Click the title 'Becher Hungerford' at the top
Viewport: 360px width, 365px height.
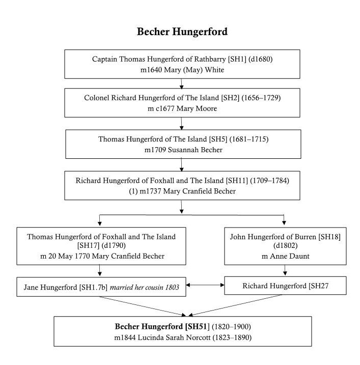point(182,32)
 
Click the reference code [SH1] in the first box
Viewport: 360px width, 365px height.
point(237,59)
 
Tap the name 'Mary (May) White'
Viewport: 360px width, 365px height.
point(194,70)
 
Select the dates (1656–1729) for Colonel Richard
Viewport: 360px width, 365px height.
point(261,98)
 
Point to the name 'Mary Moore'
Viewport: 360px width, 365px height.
point(197,108)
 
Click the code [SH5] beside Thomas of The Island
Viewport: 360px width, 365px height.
point(218,139)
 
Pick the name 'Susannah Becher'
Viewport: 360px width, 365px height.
point(195,150)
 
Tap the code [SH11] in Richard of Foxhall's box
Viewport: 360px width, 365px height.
point(237,181)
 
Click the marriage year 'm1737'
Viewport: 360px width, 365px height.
point(150,191)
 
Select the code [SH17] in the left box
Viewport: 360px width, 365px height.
point(88,245)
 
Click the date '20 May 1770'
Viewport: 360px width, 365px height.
point(69,256)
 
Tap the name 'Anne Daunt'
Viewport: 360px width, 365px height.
point(290,256)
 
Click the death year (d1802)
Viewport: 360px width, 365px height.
point(286,245)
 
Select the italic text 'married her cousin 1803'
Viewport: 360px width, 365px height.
point(145,288)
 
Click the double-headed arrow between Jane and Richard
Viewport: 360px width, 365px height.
point(205,285)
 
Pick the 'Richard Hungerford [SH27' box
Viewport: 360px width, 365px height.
point(285,286)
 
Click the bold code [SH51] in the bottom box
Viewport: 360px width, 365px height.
point(197,327)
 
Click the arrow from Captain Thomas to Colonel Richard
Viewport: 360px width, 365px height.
point(181,84)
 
